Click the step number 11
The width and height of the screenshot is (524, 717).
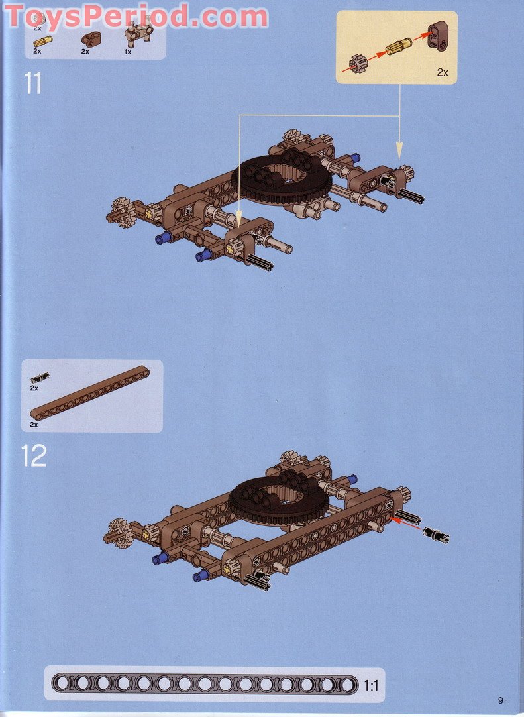pyautogui.click(x=33, y=83)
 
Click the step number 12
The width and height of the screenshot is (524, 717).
pyautogui.click(x=34, y=456)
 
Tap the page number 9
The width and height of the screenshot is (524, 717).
pyautogui.click(x=501, y=700)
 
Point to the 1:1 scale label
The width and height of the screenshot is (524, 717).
pyautogui.click(x=371, y=685)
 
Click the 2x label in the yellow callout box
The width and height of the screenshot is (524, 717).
pyautogui.click(x=442, y=72)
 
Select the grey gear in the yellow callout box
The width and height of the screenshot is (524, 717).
pyautogui.click(x=358, y=64)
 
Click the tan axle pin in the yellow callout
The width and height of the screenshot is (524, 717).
pyautogui.click(x=398, y=46)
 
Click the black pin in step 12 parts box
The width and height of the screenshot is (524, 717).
pyautogui.click(x=40, y=378)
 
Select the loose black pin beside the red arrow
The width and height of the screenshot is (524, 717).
pyautogui.click(x=436, y=535)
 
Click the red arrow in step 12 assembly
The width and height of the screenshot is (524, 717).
pyautogui.click(x=406, y=524)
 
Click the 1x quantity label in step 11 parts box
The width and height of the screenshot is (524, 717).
pyautogui.click(x=128, y=52)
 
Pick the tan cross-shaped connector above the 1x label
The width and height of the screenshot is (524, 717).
pyautogui.click(x=138, y=32)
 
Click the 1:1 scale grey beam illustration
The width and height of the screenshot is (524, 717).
pyautogui.click(x=205, y=684)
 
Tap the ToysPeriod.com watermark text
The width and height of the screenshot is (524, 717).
pyautogui.click(x=136, y=17)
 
